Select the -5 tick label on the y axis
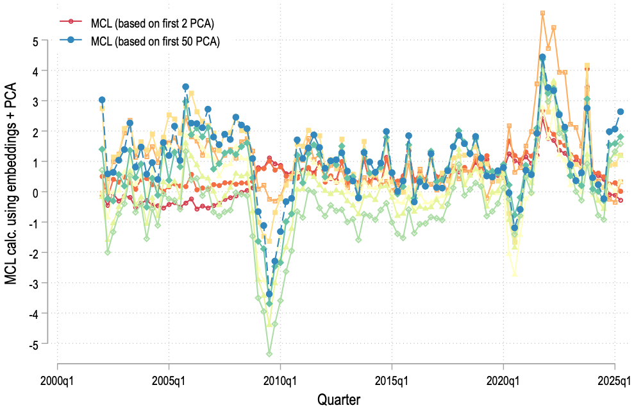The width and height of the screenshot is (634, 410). (x=33, y=344)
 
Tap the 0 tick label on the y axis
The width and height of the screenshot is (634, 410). (x=35, y=192)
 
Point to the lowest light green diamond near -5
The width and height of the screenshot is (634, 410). (x=269, y=354)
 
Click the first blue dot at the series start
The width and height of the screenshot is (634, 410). (x=102, y=100)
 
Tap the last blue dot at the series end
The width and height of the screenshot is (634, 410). (x=621, y=112)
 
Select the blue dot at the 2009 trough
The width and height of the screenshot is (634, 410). (x=269, y=294)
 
